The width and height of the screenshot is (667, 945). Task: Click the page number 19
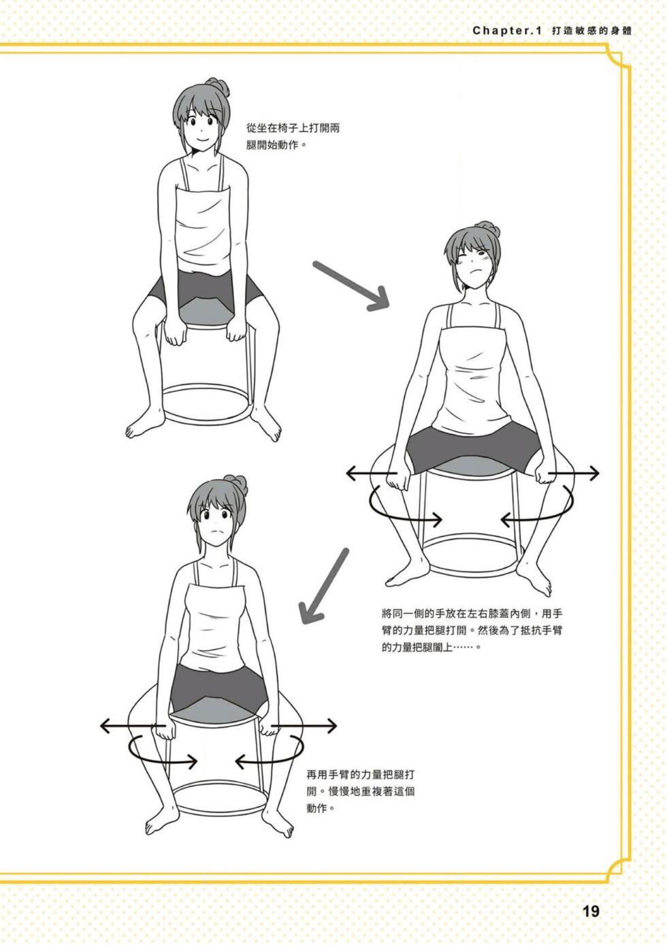[x=591, y=911]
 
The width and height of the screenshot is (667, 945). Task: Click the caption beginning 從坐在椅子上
[x=283, y=136]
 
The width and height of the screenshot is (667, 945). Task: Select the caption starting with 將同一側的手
[x=472, y=630]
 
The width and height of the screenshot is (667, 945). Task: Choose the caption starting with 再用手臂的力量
[x=361, y=792]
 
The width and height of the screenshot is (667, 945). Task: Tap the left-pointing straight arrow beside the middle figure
[x=371, y=472]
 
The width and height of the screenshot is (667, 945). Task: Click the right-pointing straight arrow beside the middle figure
[x=574, y=472]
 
